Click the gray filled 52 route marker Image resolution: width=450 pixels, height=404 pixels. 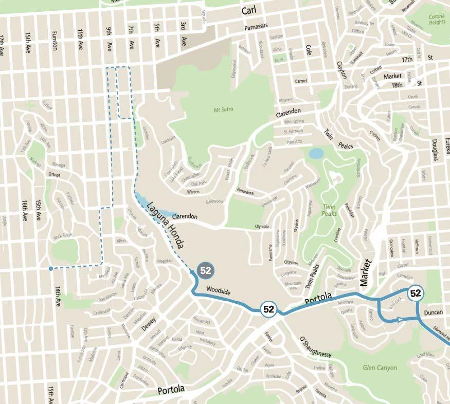click(x=206, y=270)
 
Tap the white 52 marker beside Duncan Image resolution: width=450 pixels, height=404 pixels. click(x=416, y=293)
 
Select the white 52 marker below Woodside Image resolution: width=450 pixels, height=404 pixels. click(x=268, y=309)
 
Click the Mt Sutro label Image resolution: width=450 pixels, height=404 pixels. click(x=224, y=109)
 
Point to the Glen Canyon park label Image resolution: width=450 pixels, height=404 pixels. click(x=380, y=368)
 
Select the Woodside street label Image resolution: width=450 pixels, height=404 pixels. click(x=218, y=291)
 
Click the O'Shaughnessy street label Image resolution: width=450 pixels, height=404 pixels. click(x=314, y=347)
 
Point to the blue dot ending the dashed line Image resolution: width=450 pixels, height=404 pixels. click(x=50, y=268)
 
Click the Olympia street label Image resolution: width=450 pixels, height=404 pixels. click(x=262, y=227)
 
